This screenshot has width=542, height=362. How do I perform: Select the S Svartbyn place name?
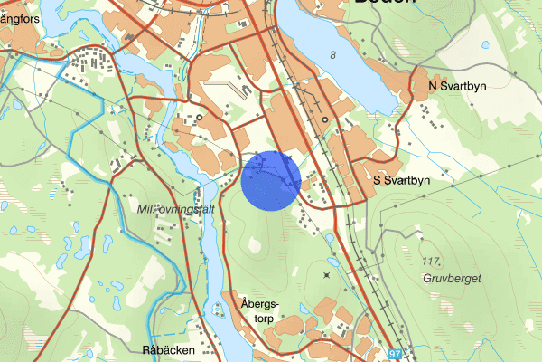[402, 180]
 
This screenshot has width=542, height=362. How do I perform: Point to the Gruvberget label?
[453, 278]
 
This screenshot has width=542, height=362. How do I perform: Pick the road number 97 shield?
[398, 355]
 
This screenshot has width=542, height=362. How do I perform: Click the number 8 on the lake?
[333, 56]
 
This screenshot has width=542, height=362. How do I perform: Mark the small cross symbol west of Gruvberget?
[326, 274]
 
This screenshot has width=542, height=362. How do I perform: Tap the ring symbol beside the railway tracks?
[324, 119]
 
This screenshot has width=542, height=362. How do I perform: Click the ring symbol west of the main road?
[199, 118]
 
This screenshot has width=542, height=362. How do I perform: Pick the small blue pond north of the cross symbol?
[332, 262]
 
